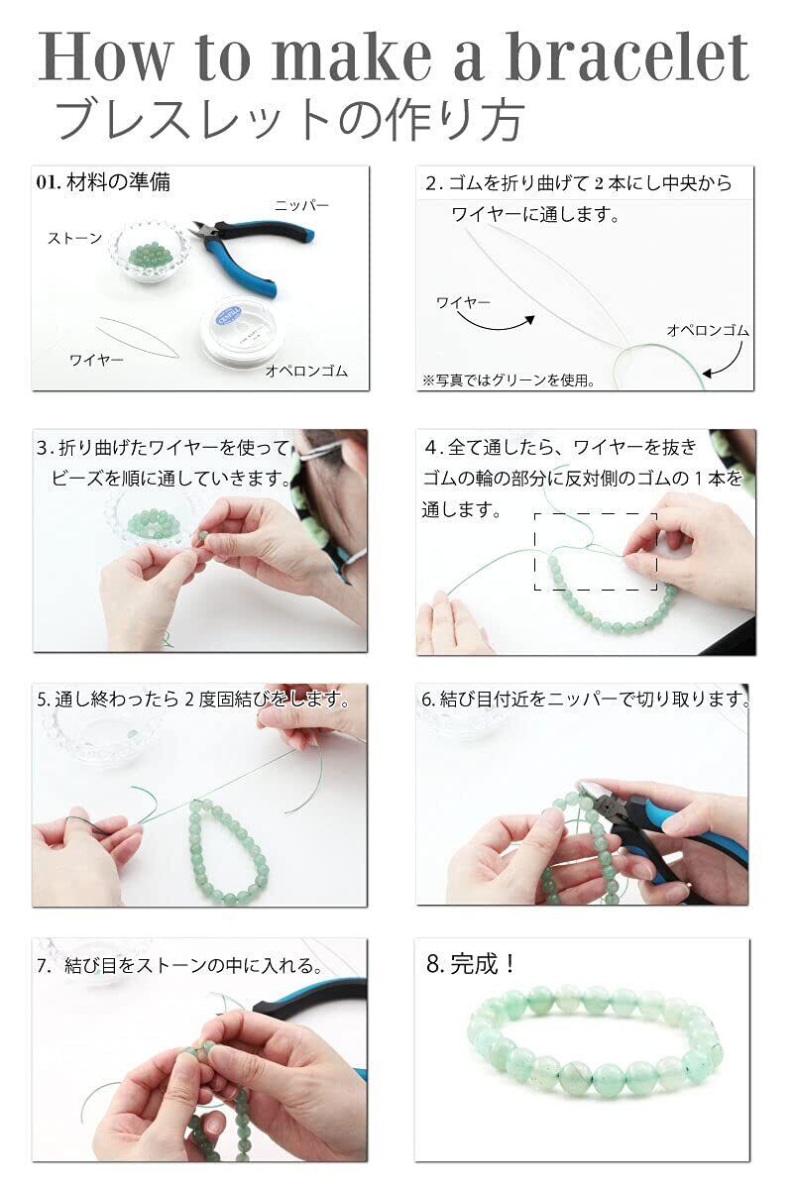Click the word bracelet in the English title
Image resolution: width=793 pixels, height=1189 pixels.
pyautogui.click(x=628, y=56)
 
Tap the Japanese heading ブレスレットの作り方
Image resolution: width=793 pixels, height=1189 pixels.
pyautogui.click(x=290, y=121)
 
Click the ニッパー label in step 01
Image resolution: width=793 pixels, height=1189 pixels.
pyautogui.click(x=301, y=205)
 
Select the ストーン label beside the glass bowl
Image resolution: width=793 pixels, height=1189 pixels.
pyautogui.click(x=74, y=239)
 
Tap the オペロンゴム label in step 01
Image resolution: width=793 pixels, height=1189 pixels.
pyautogui.click(x=306, y=371)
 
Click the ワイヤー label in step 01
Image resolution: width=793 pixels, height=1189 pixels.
pyautogui.click(x=96, y=361)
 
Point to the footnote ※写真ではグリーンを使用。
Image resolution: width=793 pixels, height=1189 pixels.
pyautogui.click(x=509, y=380)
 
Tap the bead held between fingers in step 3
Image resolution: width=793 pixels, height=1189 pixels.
pyautogui.click(x=202, y=536)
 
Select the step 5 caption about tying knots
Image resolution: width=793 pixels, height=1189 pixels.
pyautogui.click(x=193, y=700)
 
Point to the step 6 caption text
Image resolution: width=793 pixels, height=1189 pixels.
pyautogui.click(x=585, y=700)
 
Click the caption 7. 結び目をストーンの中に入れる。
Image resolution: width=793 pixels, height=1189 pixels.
pyautogui.click(x=180, y=965)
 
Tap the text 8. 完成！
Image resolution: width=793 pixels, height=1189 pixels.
pyautogui.click(x=471, y=963)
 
